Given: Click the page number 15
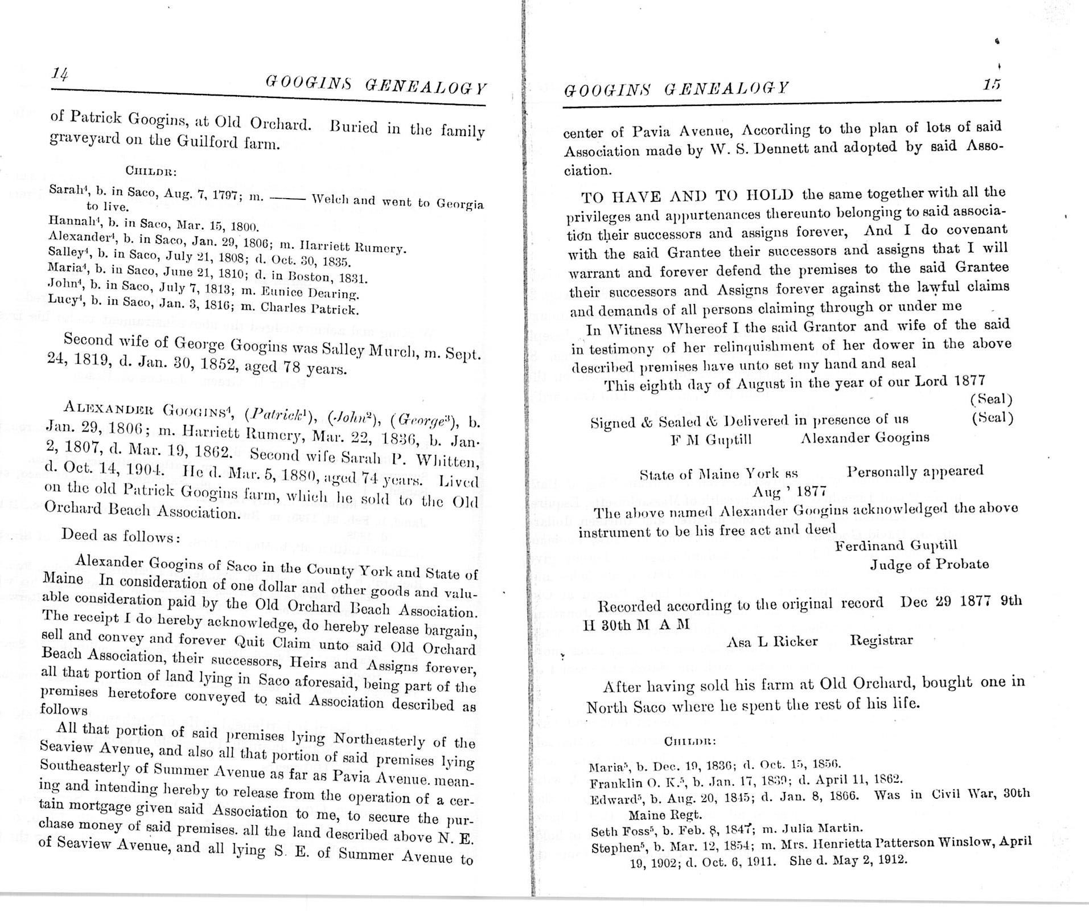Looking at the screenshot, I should [991, 85].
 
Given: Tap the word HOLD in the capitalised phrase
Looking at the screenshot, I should [768, 195].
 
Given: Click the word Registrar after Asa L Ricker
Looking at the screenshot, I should [881, 640].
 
